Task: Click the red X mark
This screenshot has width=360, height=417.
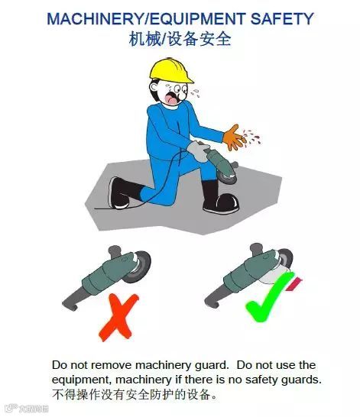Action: [116, 319]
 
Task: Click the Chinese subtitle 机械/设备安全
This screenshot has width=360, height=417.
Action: [180, 39]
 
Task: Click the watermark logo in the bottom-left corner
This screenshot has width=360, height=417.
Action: [26, 409]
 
